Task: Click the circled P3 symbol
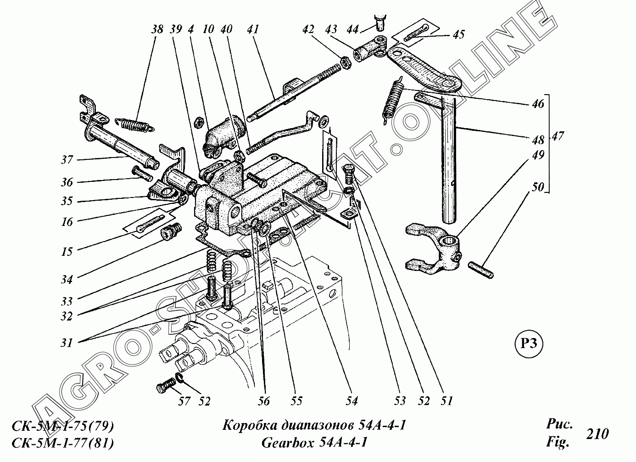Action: pyautogui.click(x=528, y=344)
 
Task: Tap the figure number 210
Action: pyautogui.click(x=597, y=434)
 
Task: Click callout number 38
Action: pyautogui.click(x=157, y=29)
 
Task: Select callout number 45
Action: pyautogui.click(x=458, y=34)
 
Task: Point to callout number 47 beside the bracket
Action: pyautogui.click(x=558, y=136)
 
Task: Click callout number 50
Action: pyautogui.click(x=537, y=187)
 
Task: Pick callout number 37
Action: pyautogui.click(x=67, y=160)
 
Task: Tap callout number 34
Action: pyautogui.click(x=67, y=280)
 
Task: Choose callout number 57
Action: pyautogui.click(x=184, y=401)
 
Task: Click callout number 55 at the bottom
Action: pyautogui.click(x=296, y=401)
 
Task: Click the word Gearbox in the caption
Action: pyautogui.click(x=286, y=443)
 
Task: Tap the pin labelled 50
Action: pyautogui.click(x=481, y=270)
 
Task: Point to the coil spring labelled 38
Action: pyautogui.click(x=134, y=124)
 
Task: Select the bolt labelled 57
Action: pyautogui.click(x=166, y=386)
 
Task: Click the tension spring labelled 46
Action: pyautogui.click(x=392, y=101)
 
